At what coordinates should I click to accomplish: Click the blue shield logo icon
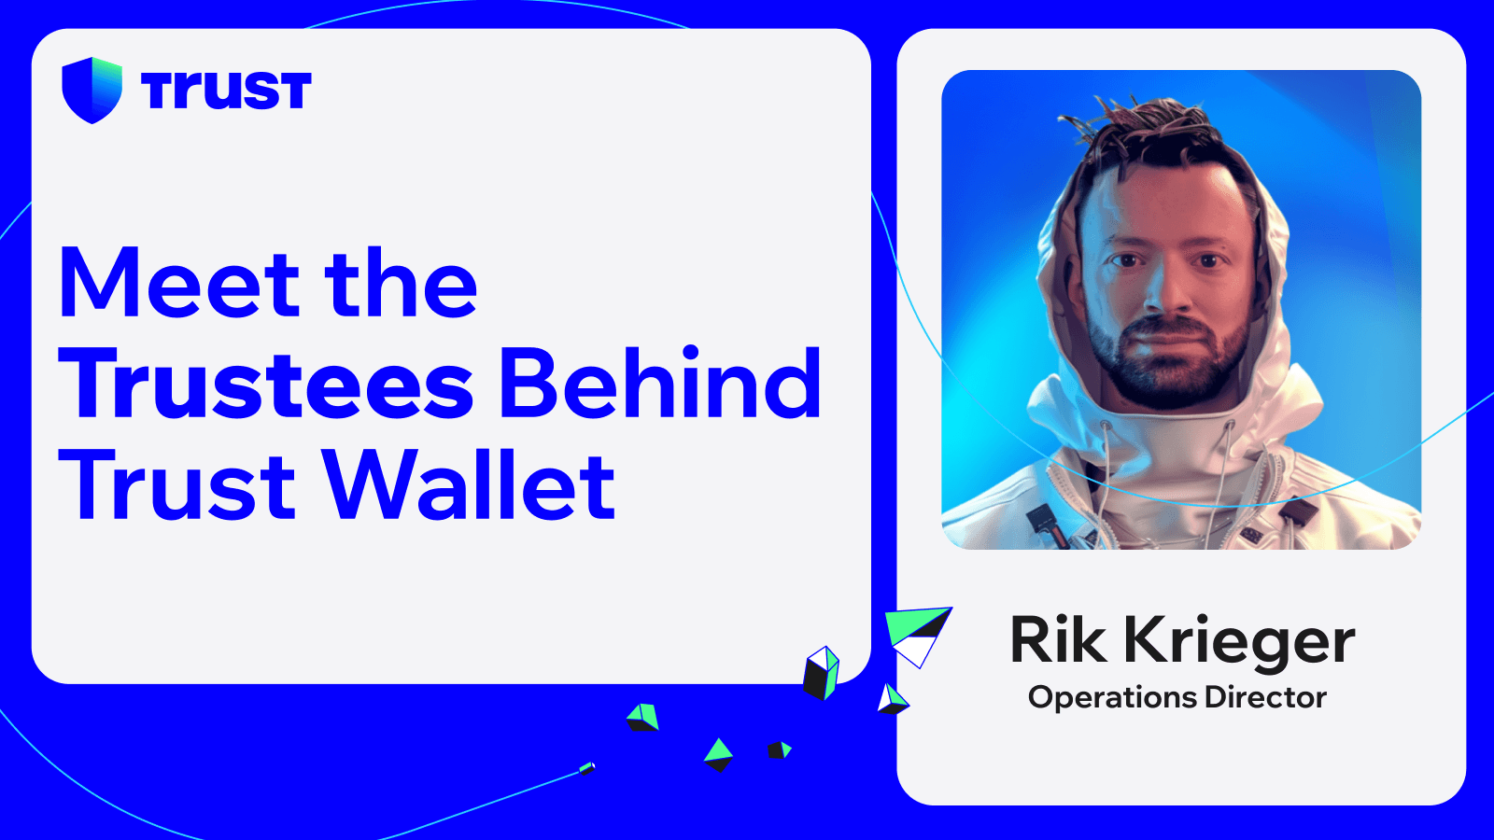(x=92, y=90)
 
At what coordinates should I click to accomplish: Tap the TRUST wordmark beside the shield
(x=226, y=91)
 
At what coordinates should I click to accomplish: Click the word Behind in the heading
(x=661, y=383)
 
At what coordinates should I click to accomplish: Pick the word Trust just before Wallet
(x=177, y=485)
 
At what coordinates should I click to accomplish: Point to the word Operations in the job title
(x=1112, y=697)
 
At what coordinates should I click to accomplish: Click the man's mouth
(x=1168, y=335)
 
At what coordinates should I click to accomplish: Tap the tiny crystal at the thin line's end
(x=586, y=768)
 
